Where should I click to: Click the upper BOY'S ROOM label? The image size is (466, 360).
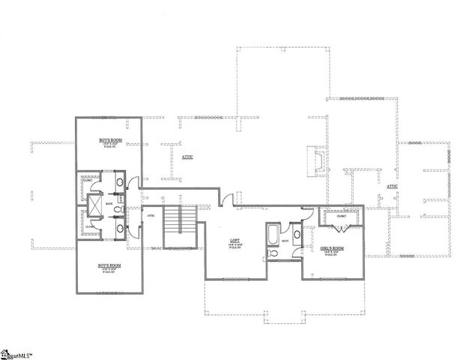[110, 140]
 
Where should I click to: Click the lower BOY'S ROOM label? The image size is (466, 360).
[110, 266]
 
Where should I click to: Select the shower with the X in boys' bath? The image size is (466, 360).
[97, 203]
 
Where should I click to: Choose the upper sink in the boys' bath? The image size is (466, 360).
[119, 182]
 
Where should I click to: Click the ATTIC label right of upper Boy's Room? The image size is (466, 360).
[188, 157]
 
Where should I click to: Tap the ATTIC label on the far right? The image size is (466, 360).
[392, 187]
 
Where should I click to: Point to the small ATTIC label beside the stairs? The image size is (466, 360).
[151, 215]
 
